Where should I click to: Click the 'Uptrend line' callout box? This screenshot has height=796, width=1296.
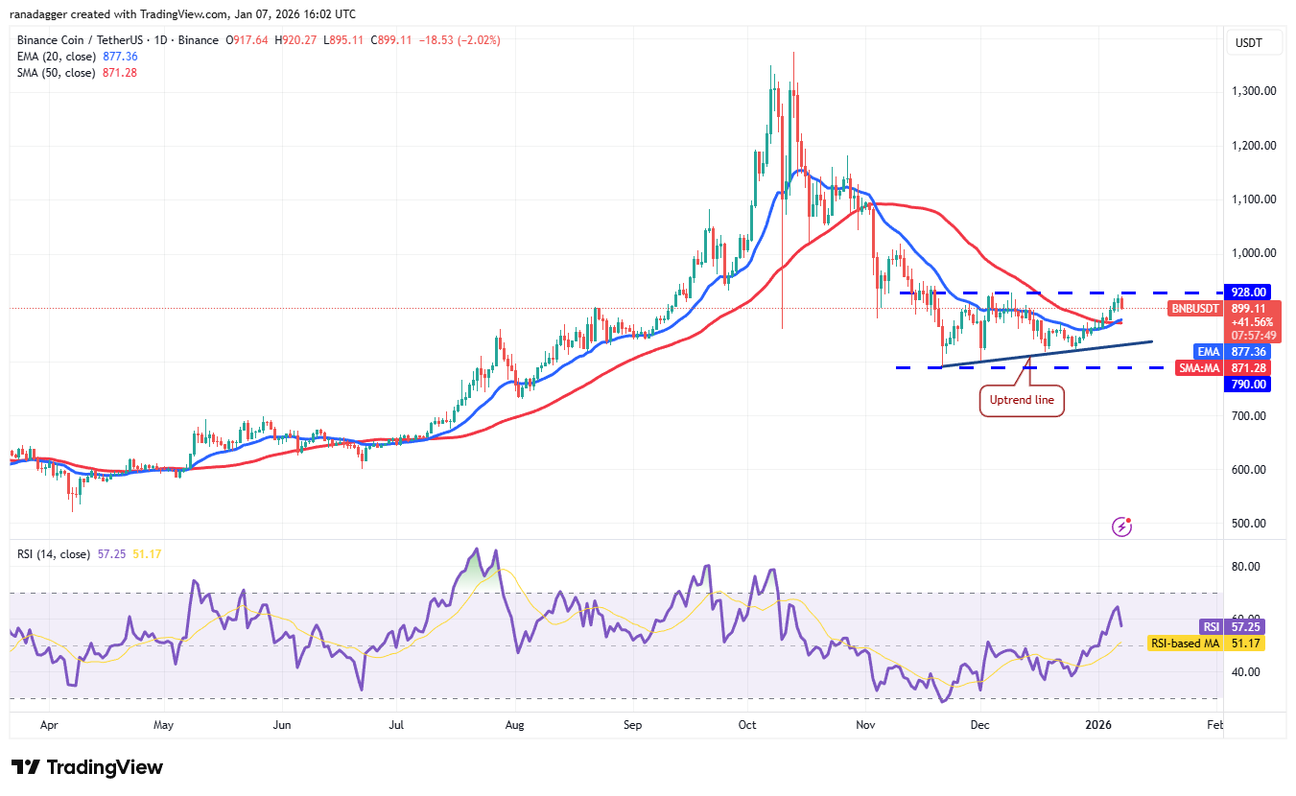point(1023,400)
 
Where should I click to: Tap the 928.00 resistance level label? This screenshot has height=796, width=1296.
point(1250,293)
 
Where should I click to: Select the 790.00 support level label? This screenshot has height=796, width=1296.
point(1250,385)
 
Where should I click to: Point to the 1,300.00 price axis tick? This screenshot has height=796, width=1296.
point(1254,91)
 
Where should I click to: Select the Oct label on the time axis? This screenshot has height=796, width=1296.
point(748,726)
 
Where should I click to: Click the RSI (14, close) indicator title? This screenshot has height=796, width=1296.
point(54,554)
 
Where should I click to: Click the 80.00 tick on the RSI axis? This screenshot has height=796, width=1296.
point(1244,567)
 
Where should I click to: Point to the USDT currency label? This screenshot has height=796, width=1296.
point(1250,43)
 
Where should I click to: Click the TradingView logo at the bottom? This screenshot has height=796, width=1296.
point(87,767)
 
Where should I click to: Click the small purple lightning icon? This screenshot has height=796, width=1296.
point(1121,527)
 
